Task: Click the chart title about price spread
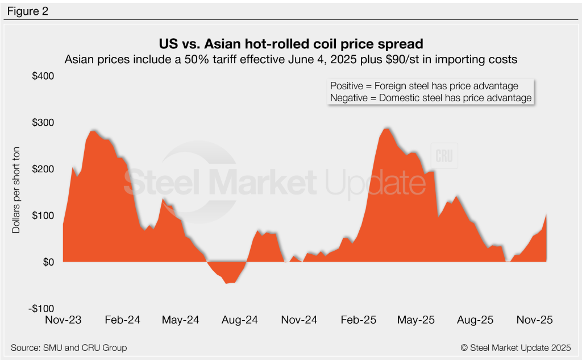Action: [x=291, y=44]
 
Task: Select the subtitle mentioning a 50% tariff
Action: [x=291, y=59]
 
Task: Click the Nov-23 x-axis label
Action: [x=63, y=320]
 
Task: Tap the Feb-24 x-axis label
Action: [x=123, y=320]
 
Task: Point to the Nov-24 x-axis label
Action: [x=299, y=320]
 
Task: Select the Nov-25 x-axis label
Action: [x=534, y=320]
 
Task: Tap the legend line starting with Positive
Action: [x=424, y=86]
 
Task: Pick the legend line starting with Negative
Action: [x=430, y=98]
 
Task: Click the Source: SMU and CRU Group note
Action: [x=69, y=347]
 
